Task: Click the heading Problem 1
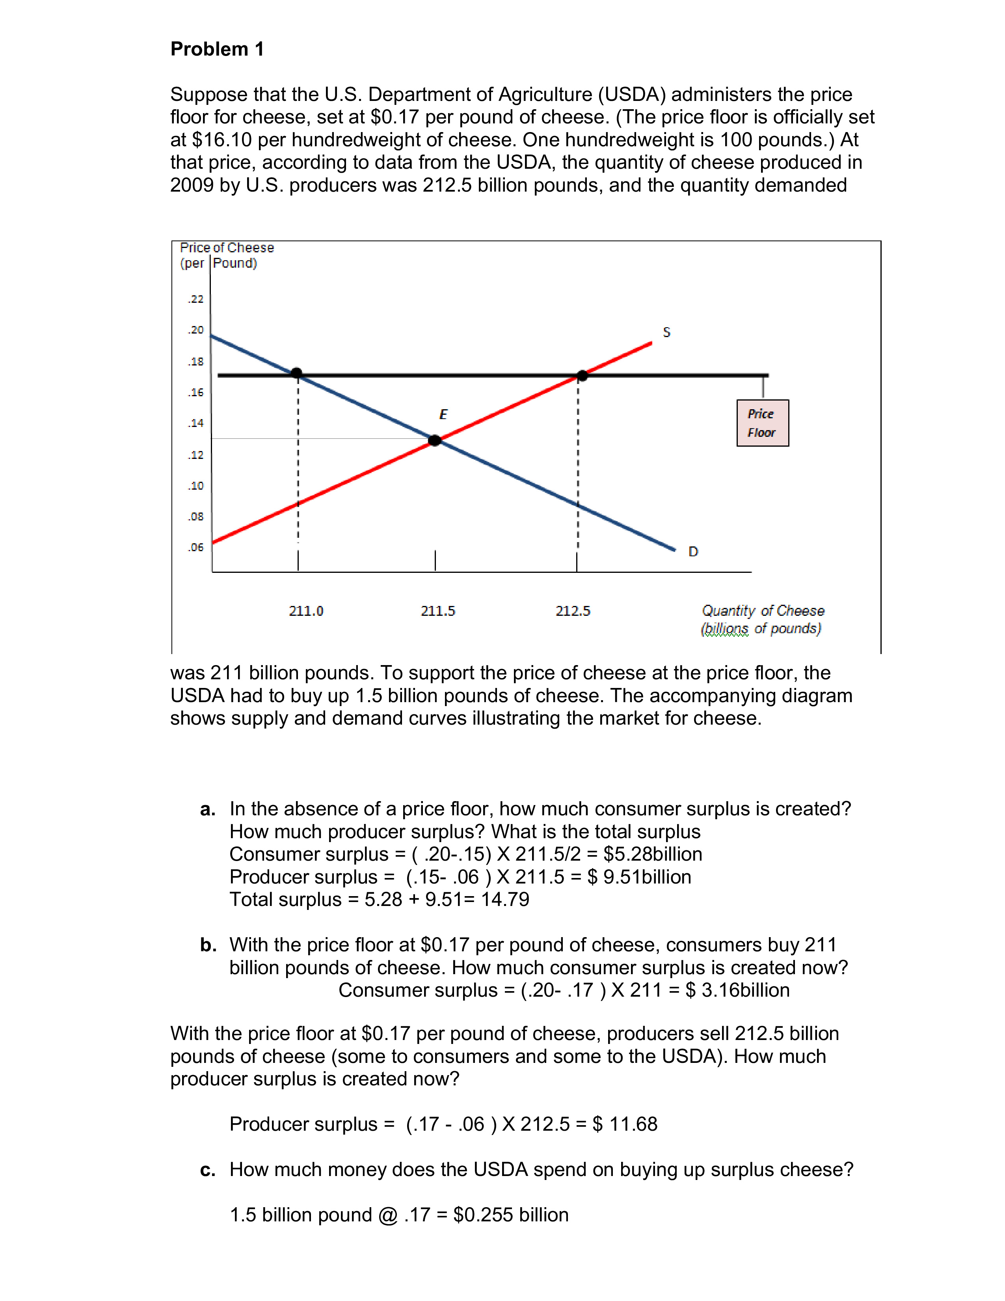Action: coord(217,49)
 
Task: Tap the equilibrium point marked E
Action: coord(435,440)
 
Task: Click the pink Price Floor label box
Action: coord(762,423)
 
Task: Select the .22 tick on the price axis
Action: coord(196,299)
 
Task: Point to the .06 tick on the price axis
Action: coord(196,547)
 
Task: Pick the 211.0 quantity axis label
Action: coord(306,611)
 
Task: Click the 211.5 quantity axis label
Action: coord(437,611)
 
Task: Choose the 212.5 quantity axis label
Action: coord(573,611)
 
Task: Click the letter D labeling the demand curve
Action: coord(693,552)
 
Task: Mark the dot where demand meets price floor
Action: coord(296,373)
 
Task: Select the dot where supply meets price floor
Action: coord(582,375)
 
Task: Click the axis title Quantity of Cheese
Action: coord(763,611)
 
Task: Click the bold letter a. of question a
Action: coord(207,809)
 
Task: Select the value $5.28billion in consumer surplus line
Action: coord(653,854)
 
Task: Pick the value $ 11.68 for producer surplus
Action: coord(625,1124)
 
